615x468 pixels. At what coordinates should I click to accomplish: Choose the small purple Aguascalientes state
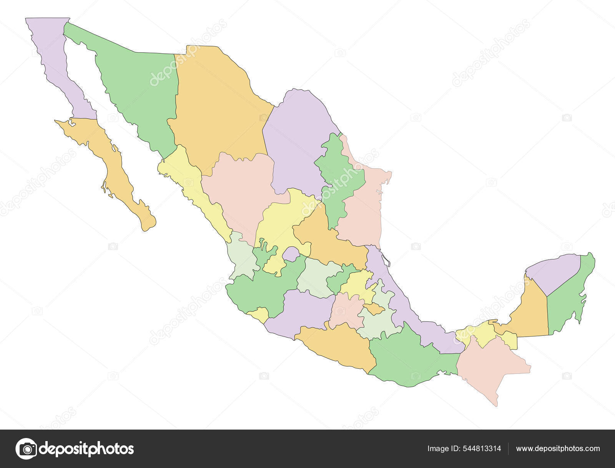click(x=291, y=254)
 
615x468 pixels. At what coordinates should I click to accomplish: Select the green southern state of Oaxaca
click(x=407, y=357)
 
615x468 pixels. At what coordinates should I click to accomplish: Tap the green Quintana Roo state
click(x=569, y=300)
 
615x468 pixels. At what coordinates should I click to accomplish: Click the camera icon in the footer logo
click(x=26, y=448)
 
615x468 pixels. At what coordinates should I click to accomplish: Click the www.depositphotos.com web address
click(x=558, y=448)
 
